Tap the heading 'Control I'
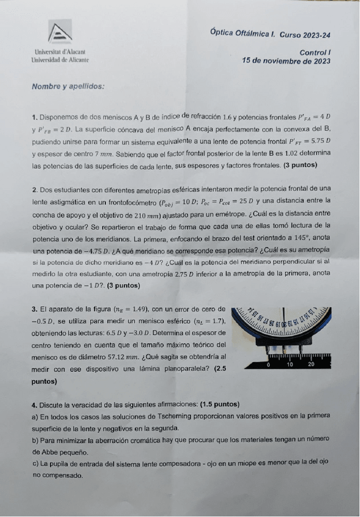click(316, 53)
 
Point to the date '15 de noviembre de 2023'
click(286, 61)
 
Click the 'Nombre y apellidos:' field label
click(68, 87)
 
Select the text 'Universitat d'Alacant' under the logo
click(60, 53)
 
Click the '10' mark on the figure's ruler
click(290, 365)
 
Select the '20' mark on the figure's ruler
click(311, 365)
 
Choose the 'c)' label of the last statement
click(35, 463)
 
